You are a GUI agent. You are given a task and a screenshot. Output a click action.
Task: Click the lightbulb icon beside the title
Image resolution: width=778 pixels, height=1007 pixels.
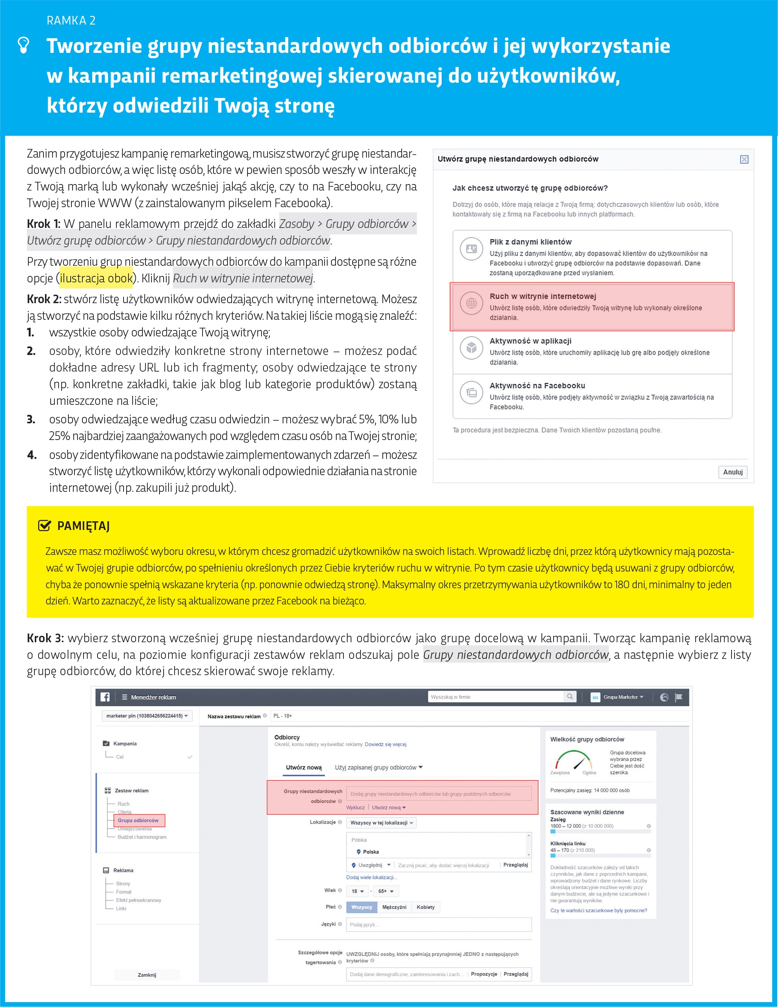23,45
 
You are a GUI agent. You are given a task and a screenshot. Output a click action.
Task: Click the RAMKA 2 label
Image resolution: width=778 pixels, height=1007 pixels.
71,20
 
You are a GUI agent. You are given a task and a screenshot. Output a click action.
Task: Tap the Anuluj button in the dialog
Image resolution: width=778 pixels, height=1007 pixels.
732,472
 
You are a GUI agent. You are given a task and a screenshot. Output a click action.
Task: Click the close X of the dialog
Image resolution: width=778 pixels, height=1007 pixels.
744,160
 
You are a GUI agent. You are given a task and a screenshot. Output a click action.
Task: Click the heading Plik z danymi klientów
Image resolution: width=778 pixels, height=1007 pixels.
530,242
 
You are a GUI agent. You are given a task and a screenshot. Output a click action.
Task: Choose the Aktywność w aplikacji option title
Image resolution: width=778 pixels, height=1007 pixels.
530,341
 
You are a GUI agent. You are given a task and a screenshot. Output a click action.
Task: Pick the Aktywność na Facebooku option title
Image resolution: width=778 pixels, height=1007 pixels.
537,386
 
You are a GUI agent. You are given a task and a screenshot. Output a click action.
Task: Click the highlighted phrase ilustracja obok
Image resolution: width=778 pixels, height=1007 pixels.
96,278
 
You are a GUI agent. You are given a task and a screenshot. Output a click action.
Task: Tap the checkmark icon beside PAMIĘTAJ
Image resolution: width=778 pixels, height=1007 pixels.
44,526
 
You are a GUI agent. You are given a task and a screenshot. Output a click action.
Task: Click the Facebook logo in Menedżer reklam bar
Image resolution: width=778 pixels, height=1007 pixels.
105,697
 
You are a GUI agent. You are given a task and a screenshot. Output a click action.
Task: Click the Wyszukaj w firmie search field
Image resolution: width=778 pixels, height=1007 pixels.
495,697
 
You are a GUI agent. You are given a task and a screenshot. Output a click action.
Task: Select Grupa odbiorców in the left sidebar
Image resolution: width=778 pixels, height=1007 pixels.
138,820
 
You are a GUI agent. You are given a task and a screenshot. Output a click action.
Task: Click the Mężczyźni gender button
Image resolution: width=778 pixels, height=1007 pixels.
394,907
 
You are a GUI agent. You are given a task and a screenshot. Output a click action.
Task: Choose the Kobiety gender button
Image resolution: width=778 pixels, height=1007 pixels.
425,907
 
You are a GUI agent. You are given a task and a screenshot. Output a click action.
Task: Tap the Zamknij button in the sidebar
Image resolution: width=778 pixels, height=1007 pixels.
147,975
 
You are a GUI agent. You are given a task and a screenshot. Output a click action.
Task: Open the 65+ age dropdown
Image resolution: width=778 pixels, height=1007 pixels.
386,891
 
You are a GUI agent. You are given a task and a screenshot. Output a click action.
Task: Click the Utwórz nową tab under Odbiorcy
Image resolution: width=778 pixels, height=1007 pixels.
304,767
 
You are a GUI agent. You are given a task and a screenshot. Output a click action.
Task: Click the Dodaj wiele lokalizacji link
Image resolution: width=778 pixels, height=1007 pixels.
371,877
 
